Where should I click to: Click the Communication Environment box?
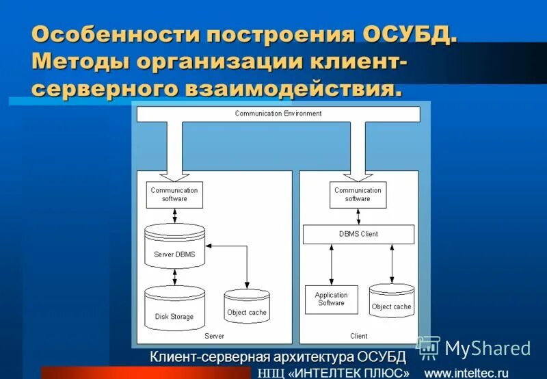point(278,114)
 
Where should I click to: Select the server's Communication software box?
point(174,195)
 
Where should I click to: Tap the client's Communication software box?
point(358,195)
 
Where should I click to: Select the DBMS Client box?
point(358,234)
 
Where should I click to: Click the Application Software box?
point(331,299)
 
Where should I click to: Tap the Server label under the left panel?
point(214,336)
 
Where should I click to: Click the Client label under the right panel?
point(358,336)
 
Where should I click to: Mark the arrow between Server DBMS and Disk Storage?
point(175,276)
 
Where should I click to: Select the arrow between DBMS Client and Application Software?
point(332,264)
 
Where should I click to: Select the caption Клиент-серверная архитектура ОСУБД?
point(278,357)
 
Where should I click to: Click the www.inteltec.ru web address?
point(466,373)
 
